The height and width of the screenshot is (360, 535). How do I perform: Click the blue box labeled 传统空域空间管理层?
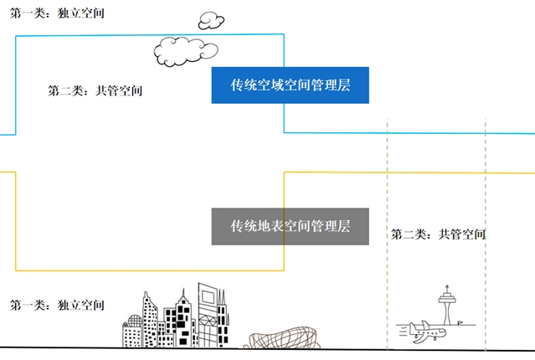tap(291, 85)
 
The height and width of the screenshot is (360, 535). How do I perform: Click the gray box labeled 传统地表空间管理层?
tap(291, 226)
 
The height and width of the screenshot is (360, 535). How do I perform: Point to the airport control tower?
tap(448, 306)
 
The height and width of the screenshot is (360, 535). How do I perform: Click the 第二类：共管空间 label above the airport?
tap(438, 234)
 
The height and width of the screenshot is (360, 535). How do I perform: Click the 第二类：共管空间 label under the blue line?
tap(95, 90)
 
